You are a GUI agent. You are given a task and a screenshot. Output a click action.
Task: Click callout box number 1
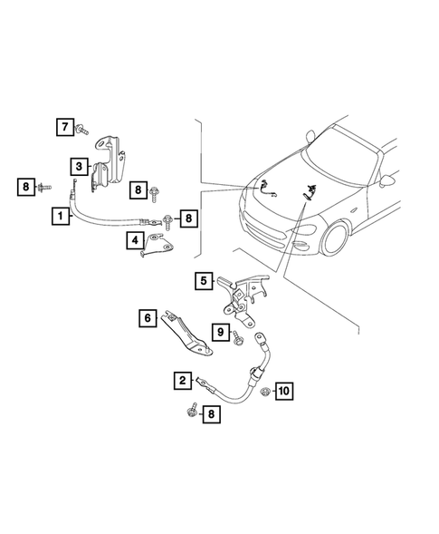coord(59,216)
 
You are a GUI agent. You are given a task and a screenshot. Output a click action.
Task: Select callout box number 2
coord(184,380)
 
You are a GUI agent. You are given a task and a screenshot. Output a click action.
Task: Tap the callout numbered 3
coord(80,167)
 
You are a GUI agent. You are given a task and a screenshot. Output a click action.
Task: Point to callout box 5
coord(205,281)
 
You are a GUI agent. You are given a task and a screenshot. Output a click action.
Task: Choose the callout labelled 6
coord(147,318)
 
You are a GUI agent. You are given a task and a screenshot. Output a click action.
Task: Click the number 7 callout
coord(66,126)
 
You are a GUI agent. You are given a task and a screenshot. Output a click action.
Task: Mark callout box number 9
coord(219,334)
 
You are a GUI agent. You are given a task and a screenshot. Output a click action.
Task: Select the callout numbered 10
coord(283,392)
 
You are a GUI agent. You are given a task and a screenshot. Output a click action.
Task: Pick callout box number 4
coord(135,241)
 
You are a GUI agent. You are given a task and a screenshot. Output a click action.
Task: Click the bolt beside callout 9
coord(238,339)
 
